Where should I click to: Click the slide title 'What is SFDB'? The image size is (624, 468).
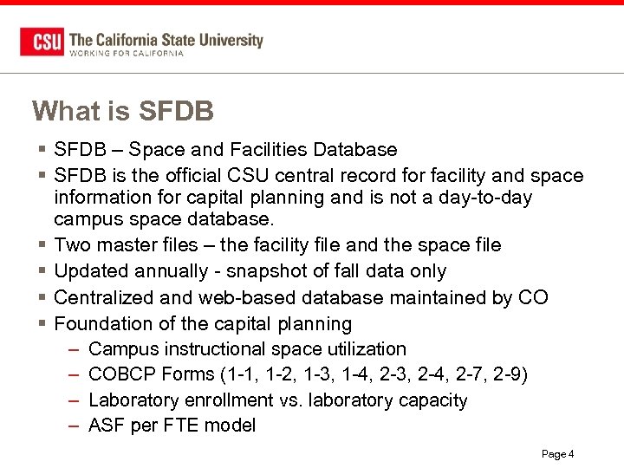point(122,112)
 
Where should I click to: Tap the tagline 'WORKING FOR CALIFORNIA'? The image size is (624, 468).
point(127,54)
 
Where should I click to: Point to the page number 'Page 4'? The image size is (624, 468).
point(558,454)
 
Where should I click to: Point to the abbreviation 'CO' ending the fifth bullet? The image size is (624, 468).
point(532,297)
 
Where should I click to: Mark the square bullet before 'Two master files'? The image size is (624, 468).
point(41,246)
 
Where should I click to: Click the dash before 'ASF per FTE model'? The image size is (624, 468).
point(73,426)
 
